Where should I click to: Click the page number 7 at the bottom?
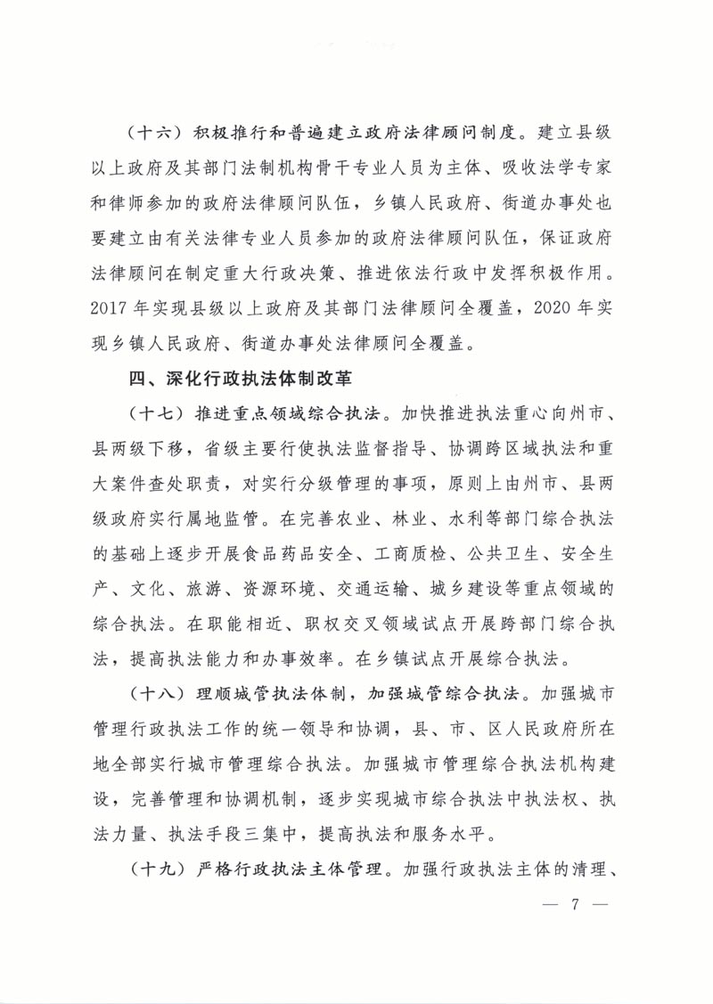[x=575, y=903]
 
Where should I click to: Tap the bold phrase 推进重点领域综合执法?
[x=286, y=414]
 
